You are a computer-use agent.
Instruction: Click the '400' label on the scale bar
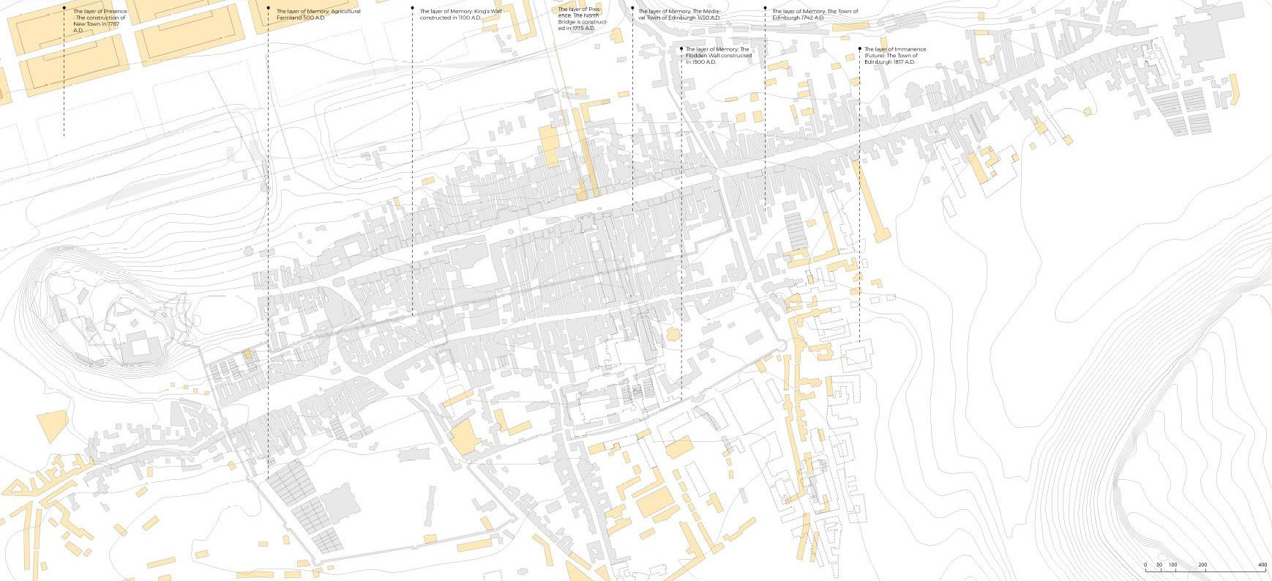tap(1262, 565)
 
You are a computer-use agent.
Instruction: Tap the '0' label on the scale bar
tap(1145, 565)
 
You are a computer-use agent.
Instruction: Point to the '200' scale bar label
tap(1203, 565)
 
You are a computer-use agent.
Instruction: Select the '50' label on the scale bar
tap(1159, 565)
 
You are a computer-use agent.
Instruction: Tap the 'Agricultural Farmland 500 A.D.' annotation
tap(318, 15)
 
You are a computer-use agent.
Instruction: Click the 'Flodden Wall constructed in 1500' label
tap(718, 56)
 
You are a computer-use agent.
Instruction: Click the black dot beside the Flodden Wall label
tap(681, 49)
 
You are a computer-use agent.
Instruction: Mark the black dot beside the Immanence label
tap(860, 49)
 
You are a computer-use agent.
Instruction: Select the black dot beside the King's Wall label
tap(412, 9)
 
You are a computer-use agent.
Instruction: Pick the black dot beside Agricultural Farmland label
tap(268, 9)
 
